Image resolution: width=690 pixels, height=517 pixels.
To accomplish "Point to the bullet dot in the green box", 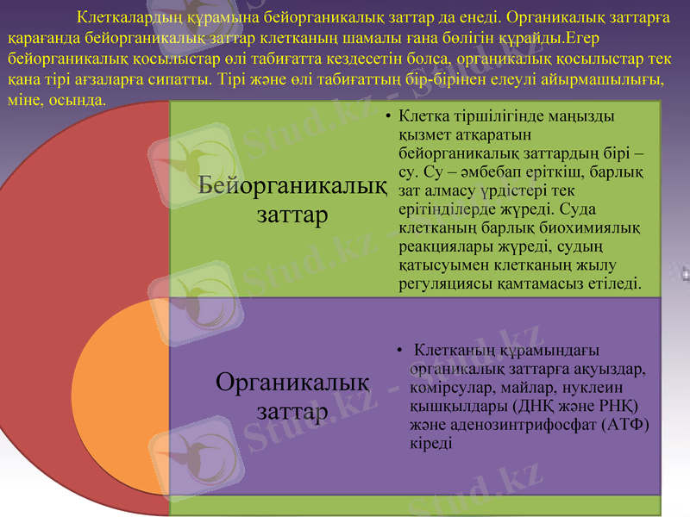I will [389, 115].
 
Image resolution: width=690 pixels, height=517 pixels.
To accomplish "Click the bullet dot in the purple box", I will [399, 350].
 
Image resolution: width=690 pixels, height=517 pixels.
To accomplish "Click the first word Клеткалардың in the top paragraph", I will [129, 16].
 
